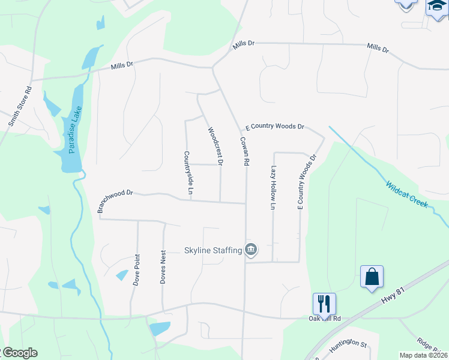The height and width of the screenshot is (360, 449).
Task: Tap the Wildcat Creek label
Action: (407, 194)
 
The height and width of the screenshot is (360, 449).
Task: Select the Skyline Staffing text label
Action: (212, 250)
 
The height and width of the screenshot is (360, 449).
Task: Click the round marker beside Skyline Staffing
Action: (251, 249)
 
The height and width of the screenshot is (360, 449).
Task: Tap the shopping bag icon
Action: (372, 277)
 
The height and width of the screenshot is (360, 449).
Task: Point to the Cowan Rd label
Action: (245, 151)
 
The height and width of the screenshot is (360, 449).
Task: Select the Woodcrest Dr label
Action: (215, 146)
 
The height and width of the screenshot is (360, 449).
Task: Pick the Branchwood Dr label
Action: (114, 200)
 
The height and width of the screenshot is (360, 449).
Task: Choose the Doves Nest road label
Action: (163, 268)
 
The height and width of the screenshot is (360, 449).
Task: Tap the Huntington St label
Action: (348, 346)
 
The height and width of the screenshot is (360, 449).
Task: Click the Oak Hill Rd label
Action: (325, 319)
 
